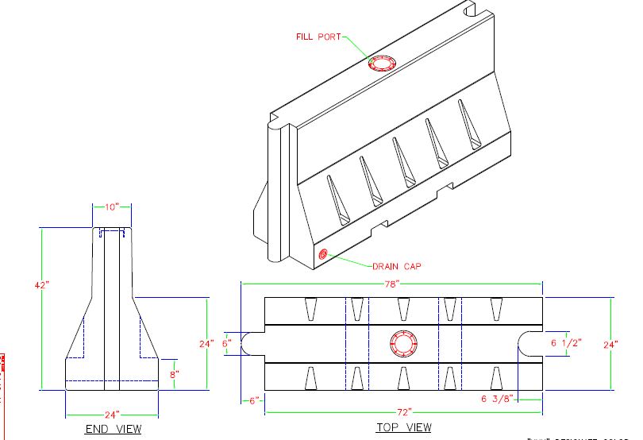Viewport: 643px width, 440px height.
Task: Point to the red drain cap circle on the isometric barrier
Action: (x=323, y=255)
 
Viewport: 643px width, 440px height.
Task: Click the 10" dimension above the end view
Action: (x=112, y=206)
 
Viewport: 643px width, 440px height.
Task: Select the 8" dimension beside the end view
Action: (x=174, y=373)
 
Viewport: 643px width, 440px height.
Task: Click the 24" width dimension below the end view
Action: (x=111, y=415)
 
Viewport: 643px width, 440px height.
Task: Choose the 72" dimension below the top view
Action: (x=403, y=412)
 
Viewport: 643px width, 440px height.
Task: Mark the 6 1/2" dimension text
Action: (x=566, y=342)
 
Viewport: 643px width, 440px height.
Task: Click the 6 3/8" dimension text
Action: (x=499, y=399)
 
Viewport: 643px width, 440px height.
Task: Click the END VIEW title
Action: (x=113, y=430)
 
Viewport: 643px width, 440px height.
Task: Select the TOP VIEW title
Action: (x=403, y=428)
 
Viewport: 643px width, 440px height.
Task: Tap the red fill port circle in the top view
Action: (x=404, y=344)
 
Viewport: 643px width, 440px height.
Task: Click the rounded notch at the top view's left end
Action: (x=255, y=344)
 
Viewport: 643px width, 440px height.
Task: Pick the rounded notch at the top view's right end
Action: (x=531, y=344)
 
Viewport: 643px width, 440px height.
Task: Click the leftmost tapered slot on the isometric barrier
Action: (x=337, y=199)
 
